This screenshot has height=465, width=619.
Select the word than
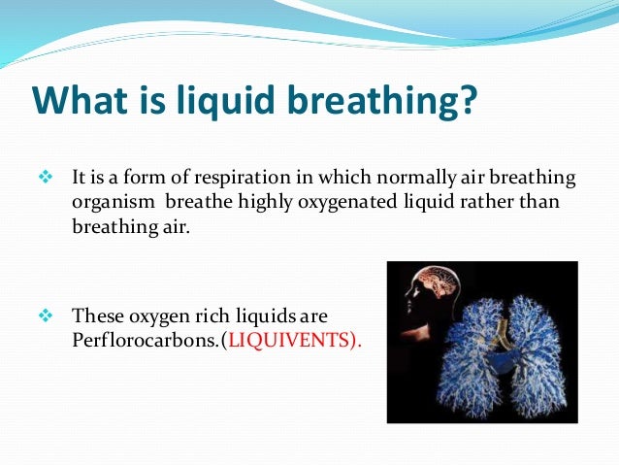[x=543, y=201]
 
